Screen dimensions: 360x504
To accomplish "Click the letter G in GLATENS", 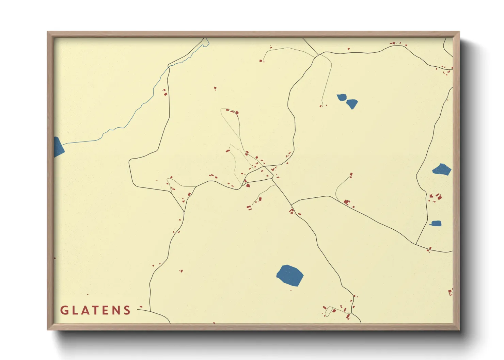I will tap(64, 310).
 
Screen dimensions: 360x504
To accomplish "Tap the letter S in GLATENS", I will tap(127, 310).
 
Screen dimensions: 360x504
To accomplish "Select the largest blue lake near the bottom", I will tap(290, 275).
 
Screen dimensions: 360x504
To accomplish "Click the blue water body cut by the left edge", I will tap(58, 147).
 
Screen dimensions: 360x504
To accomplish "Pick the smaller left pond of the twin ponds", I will tap(342, 98).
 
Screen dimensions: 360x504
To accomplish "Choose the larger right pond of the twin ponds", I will tap(352, 103).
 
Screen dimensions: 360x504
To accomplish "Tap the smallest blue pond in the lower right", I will tap(436, 224).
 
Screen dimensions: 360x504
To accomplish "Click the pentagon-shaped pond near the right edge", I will tap(442, 169).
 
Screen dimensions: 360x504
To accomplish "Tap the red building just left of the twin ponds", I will tap(320, 106).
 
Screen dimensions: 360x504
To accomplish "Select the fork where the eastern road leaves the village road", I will tap(292, 205).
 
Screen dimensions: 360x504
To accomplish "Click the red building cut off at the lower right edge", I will tap(450, 292).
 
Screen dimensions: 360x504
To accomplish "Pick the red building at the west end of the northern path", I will tap(261, 61).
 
